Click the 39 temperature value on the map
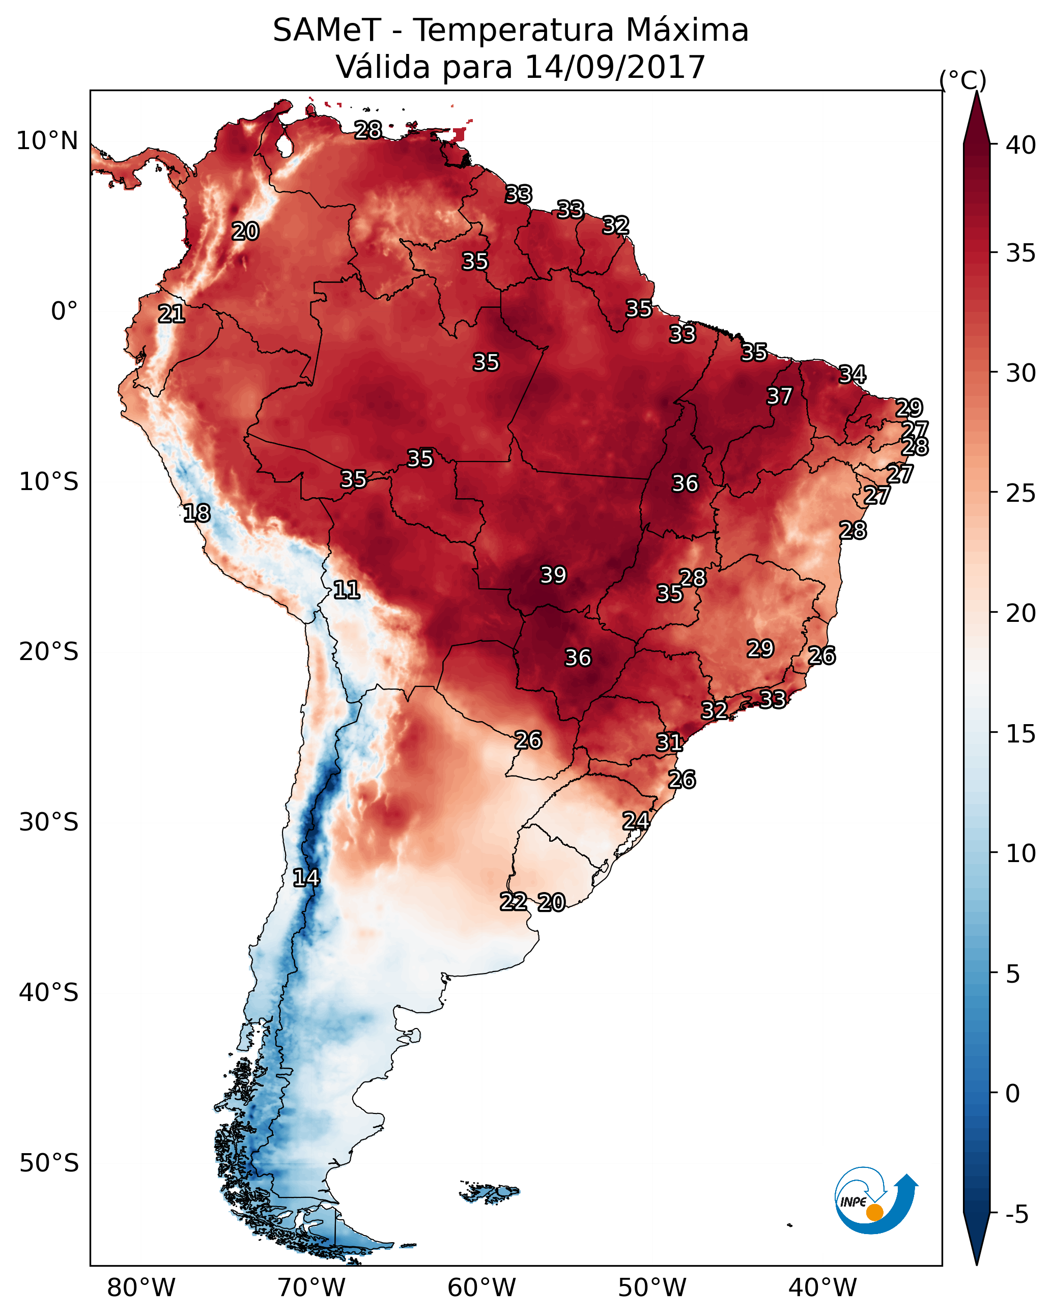click(x=553, y=575)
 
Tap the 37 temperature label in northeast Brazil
click(x=779, y=396)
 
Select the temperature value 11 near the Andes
click(x=346, y=590)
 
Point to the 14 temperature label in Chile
click(x=306, y=878)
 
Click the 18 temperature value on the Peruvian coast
click(x=196, y=513)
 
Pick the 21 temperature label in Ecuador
click(x=172, y=314)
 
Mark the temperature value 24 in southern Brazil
click(x=636, y=821)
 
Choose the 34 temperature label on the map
click(x=852, y=374)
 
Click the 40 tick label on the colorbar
click(x=1021, y=145)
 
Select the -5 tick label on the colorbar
click(x=1016, y=1215)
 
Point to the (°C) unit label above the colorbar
click(x=963, y=80)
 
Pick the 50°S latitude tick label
click(x=49, y=1163)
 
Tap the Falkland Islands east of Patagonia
click(x=490, y=1191)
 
